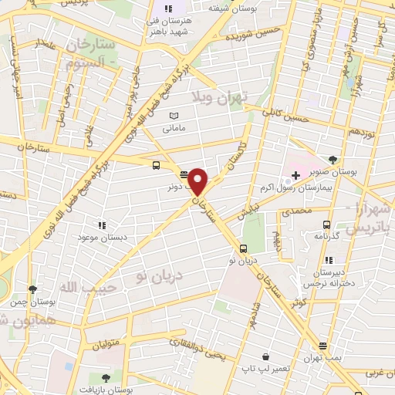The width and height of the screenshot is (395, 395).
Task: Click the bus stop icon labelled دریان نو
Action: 244,248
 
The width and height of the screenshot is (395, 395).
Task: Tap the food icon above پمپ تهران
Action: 322,346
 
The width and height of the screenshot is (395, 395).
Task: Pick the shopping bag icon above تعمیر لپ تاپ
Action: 265,357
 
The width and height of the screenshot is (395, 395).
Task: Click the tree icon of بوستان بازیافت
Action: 105,377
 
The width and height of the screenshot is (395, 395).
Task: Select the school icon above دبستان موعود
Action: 101,225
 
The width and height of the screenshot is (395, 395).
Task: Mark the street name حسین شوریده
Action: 246,34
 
